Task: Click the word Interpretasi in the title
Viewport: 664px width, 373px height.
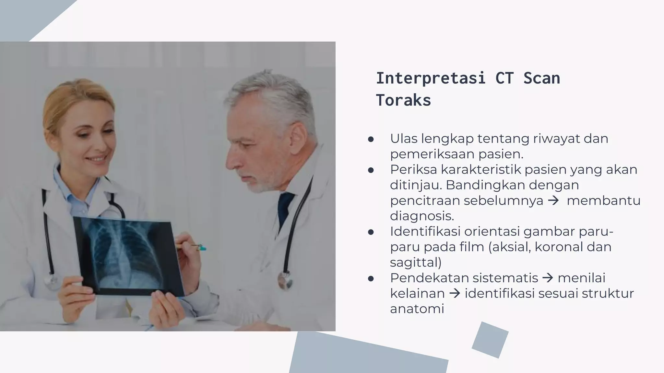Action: click(x=431, y=78)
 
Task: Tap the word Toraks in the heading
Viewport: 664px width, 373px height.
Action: click(x=403, y=100)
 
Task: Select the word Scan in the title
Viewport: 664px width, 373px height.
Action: click(x=541, y=78)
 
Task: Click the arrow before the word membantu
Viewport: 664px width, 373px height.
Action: click(x=553, y=201)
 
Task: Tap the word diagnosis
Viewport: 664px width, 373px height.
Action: click(x=422, y=216)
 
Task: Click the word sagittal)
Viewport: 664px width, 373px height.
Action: click(x=416, y=262)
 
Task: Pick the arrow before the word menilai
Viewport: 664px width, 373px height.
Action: click(x=548, y=278)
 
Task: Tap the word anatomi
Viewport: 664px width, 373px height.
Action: click(x=417, y=309)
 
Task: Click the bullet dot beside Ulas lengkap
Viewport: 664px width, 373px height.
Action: click(x=371, y=140)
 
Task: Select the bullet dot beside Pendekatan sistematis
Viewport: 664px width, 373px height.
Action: click(x=371, y=279)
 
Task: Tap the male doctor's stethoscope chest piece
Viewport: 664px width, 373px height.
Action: click(x=285, y=280)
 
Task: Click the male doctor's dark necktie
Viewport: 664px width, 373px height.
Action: click(x=285, y=207)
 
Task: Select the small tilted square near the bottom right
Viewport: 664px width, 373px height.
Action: click(x=490, y=340)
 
